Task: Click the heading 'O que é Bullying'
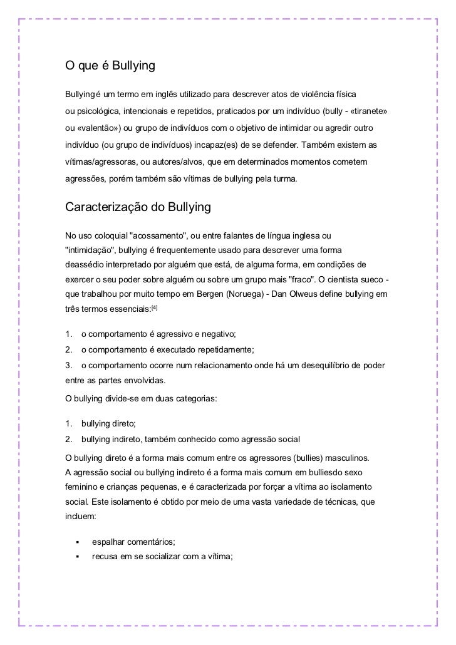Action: point(110,65)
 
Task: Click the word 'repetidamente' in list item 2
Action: point(226,349)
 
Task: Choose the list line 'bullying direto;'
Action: point(108,424)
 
